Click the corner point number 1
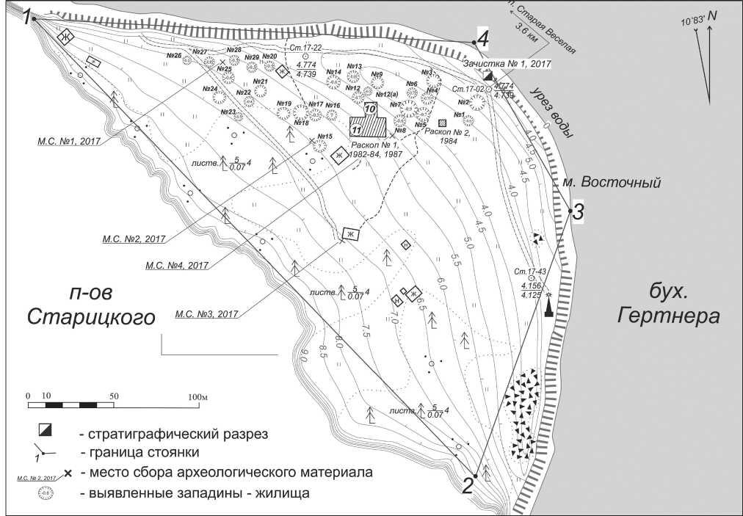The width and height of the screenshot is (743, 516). pos(29,17)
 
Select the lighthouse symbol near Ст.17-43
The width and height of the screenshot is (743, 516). pos(548,305)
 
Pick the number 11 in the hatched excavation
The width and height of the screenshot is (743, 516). pos(356,129)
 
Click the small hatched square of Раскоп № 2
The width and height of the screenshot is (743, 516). pos(442,123)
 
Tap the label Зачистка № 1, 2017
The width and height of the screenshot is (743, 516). pos(507,64)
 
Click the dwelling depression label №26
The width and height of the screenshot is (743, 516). pos(174,56)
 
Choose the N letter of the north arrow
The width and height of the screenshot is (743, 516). pos(711,15)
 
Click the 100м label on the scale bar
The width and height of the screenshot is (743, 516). pos(199,396)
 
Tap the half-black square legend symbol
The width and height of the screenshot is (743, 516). pos(46,430)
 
